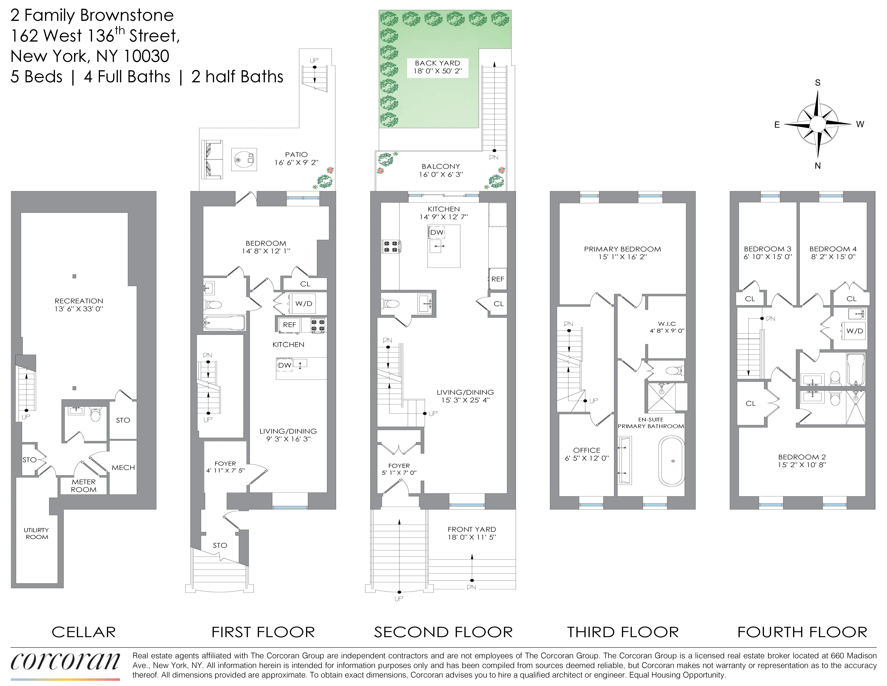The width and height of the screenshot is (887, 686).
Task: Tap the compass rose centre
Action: (817, 124)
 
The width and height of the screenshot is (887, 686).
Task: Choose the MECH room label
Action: (123, 467)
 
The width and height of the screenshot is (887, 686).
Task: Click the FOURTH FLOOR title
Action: (802, 632)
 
